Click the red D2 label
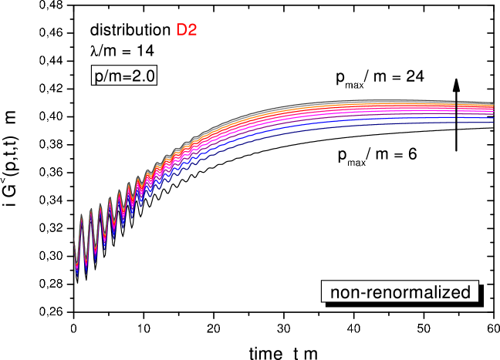(187, 31)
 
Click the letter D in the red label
(181, 31)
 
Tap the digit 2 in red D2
(192, 31)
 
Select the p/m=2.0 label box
(124, 76)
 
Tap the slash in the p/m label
(106, 76)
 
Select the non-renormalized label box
(400, 292)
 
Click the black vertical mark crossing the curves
(456, 112)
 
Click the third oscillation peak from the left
(100, 202)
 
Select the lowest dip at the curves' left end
(77, 274)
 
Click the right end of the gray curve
(492, 103)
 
